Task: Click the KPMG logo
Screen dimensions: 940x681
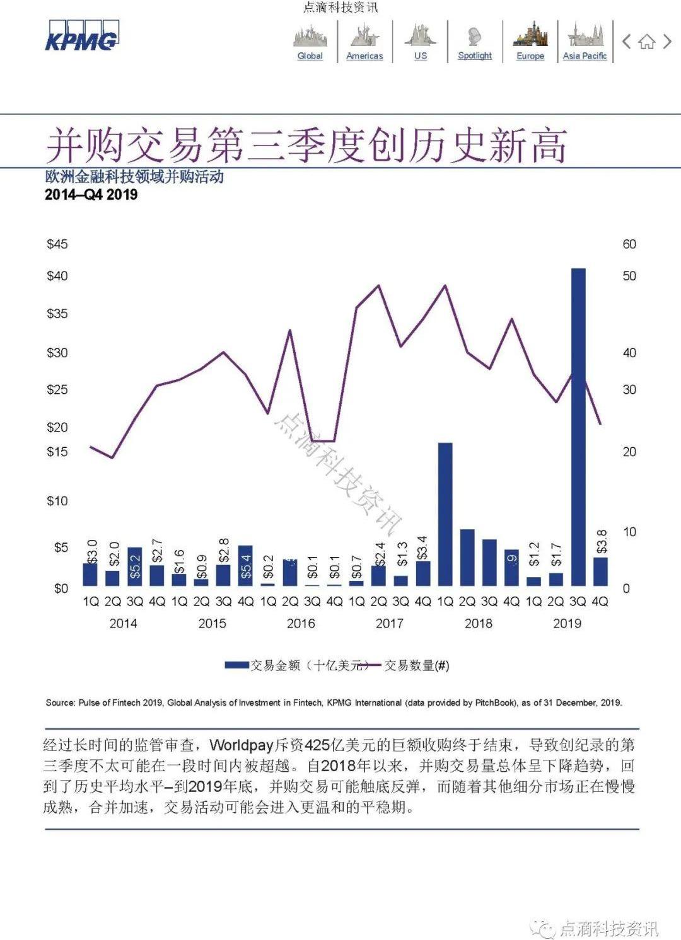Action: (x=81, y=36)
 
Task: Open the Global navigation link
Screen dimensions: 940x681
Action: (x=310, y=55)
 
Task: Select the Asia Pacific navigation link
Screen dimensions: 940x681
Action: (x=585, y=55)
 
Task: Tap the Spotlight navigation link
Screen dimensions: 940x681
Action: (x=475, y=55)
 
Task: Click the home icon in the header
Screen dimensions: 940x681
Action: (x=646, y=42)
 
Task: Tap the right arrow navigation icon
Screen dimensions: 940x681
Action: (x=667, y=42)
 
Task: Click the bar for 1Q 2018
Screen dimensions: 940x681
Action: (x=445, y=514)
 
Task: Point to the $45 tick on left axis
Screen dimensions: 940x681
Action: (x=57, y=244)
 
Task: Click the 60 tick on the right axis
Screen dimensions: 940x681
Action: (x=629, y=244)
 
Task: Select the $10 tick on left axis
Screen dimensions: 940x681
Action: (x=57, y=501)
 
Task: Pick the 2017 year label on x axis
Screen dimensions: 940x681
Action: (x=389, y=623)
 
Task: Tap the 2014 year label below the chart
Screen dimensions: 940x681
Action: (x=123, y=623)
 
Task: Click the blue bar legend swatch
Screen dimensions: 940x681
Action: (x=236, y=665)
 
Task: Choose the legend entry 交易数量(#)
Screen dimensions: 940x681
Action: (x=417, y=665)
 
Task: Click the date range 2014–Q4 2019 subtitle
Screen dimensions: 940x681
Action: (x=91, y=195)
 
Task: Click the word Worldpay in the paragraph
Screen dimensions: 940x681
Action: (x=242, y=745)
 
